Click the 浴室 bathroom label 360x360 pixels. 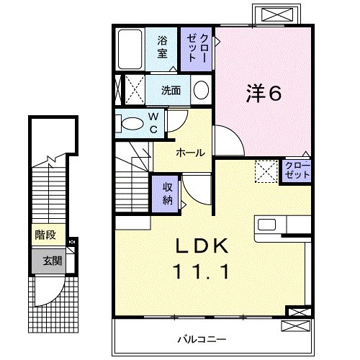pyautogui.click(x=162, y=47)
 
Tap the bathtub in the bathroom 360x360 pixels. pyautogui.click(x=130, y=49)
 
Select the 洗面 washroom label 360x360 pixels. pyautogui.click(x=171, y=91)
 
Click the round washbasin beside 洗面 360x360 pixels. pyautogui.click(x=201, y=90)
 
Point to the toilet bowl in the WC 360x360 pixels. pyautogui.click(x=132, y=124)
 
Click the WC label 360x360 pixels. pyautogui.click(x=153, y=123)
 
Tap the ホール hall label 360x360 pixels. pyautogui.click(x=191, y=153)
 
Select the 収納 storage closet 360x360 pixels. pyautogui.click(x=166, y=194)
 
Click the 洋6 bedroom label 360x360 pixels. pyautogui.click(x=264, y=94)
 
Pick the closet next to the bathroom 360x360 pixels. pyautogui.click(x=197, y=49)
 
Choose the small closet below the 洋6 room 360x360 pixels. pyautogui.click(x=297, y=171)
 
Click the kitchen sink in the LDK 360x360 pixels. pyautogui.click(x=266, y=225)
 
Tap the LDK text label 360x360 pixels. pyautogui.click(x=202, y=246)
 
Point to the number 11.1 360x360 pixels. pyautogui.click(x=202, y=271)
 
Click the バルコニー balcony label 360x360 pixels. pyautogui.click(x=202, y=339)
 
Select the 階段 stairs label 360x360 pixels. pyautogui.click(x=45, y=235)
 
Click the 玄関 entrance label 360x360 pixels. pyautogui.click(x=53, y=261)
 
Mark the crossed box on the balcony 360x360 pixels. pyautogui.click(x=296, y=326)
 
